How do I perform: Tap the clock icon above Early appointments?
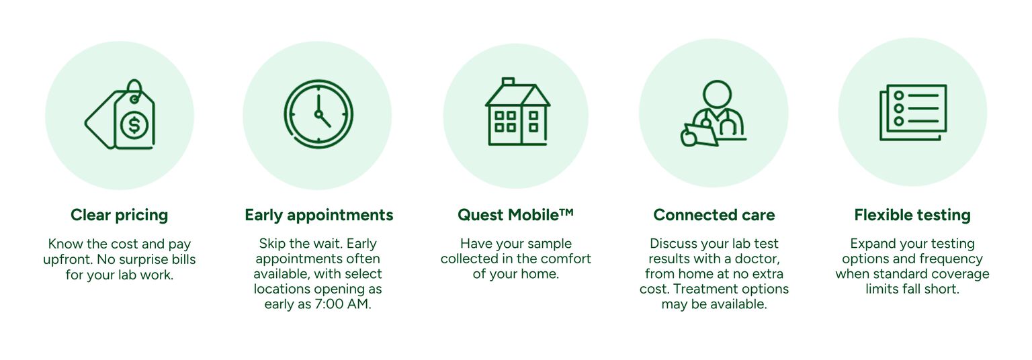click(x=318, y=114)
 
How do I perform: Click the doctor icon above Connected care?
click(x=714, y=114)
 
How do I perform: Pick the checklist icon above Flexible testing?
click(x=913, y=113)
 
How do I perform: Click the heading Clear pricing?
click(x=120, y=215)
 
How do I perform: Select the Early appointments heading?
click(x=319, y=215)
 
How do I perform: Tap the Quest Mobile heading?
click(x=515, y=215)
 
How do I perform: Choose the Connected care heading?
click(x=714, y=215)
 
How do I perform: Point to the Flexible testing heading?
click(x=912, y=215)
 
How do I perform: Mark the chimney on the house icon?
click(x=508, y=82)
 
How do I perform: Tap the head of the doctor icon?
click(x=716, y=93)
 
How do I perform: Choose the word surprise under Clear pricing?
click(x=134, y=259)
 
